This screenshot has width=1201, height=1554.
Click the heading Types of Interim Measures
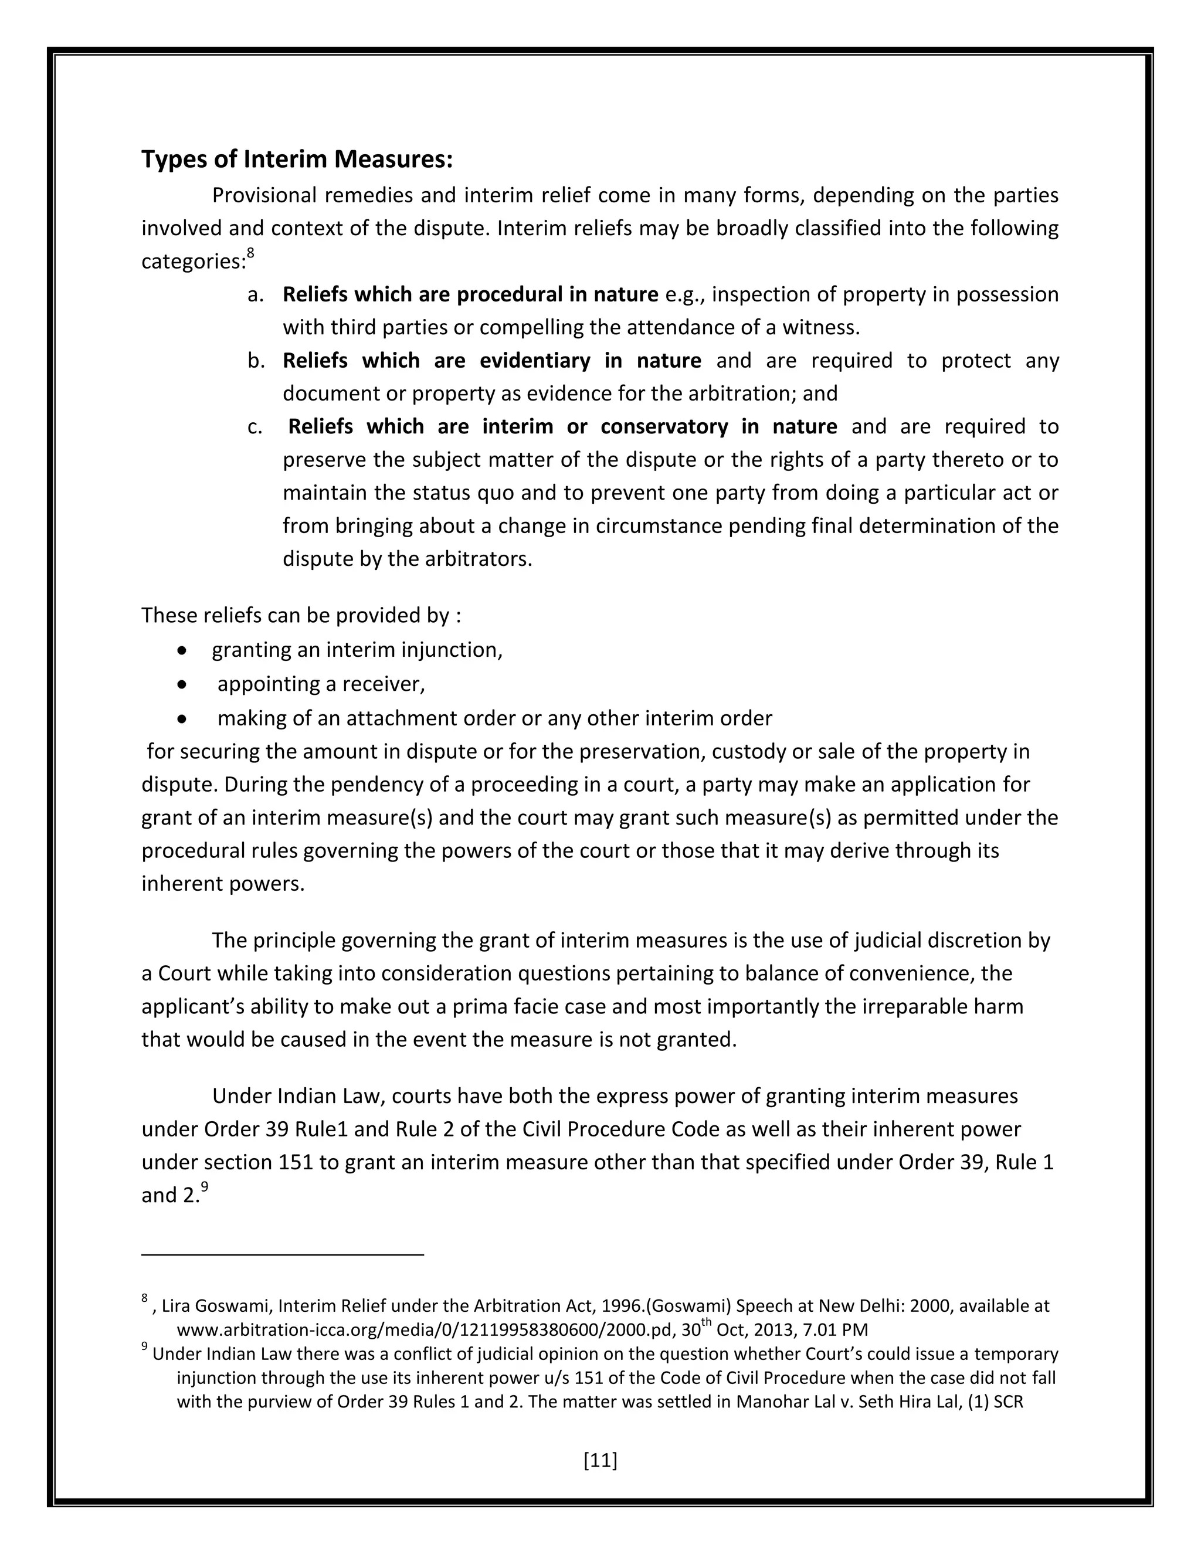coord(297,160)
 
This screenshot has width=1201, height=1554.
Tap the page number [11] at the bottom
coord(600,1460)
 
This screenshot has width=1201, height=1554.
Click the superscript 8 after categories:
coord(250,253)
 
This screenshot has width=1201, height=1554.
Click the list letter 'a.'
coord(256,294)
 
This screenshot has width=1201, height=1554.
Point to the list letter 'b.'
coord(256,361)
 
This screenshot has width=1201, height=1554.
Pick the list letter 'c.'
coord(255,427)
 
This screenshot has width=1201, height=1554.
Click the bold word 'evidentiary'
coord(534,361)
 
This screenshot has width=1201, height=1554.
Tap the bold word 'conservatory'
coord(664,427)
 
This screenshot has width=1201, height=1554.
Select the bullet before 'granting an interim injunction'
coord(183,650)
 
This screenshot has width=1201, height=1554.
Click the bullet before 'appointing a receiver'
coord(183,684)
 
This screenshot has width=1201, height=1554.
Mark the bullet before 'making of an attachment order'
coord(183,719)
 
